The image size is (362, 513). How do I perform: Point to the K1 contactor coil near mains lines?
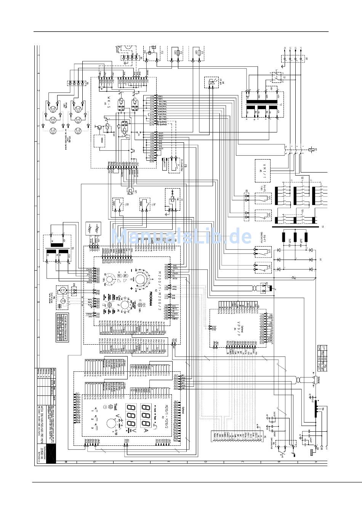pyautogui.click(x=313, y=149)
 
